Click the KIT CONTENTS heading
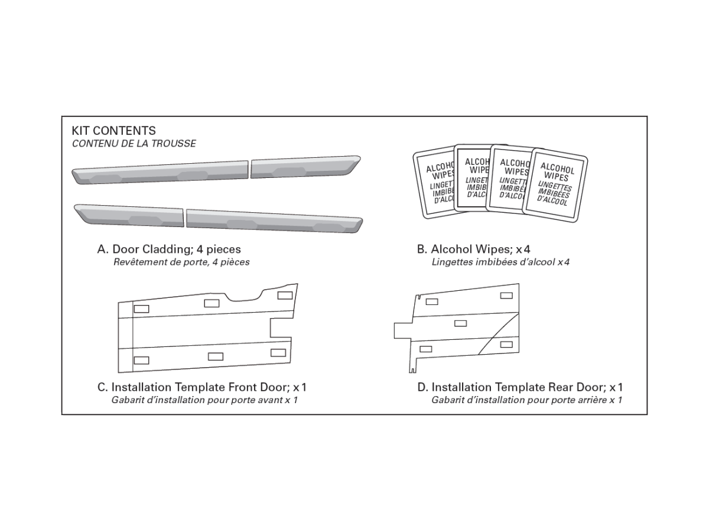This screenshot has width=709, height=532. [113, 131]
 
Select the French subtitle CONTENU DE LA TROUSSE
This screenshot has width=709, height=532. [134, 144]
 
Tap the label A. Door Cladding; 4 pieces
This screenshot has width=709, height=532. [169, 249]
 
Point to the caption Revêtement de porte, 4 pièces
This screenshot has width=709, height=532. [181, 262]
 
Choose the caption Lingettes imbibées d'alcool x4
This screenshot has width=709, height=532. [500, 262]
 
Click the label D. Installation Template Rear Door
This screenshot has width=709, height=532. [520, 388]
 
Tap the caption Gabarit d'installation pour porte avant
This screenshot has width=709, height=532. [204, 400]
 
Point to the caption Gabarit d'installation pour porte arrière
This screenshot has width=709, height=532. [526, 400]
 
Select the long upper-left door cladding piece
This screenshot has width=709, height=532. [160, 171]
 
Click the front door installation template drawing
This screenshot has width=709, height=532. [204, 331]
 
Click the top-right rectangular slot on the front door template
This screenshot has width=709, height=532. [284, 295]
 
